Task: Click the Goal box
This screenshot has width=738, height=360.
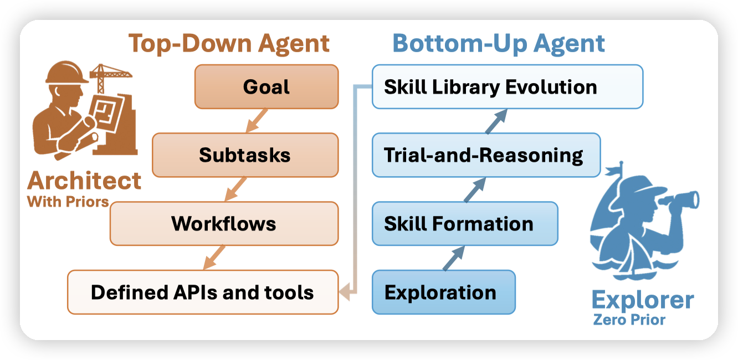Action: coord(266,86)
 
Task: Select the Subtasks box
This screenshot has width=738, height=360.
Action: coord(245,155)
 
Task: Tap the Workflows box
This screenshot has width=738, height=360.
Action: coord(224,224)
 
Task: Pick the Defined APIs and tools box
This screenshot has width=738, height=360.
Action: coord(203,292)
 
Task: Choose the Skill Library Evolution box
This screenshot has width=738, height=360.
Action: coord(508,86)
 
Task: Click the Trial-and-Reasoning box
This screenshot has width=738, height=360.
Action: coord(486,155)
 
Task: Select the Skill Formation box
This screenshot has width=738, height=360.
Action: coord(465,224)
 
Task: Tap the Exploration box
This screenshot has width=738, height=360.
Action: coord(444,292)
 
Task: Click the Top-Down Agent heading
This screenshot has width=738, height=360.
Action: coord(229,43)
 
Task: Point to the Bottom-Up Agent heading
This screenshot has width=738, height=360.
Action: coord(499,43)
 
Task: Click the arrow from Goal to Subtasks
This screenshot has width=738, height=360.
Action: coord(257,121)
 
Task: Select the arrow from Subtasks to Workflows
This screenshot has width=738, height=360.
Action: coord(235,189)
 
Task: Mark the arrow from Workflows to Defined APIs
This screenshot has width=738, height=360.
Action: coord(214,258)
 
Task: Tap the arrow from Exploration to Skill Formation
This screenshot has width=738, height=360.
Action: coord(454,258)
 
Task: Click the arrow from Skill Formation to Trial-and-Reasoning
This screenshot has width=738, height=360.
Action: coord(475,190)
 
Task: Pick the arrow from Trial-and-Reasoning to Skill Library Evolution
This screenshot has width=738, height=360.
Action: coord(496,121)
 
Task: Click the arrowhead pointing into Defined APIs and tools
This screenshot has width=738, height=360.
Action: coord(345,292)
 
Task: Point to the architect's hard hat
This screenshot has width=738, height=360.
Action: coord(67,73)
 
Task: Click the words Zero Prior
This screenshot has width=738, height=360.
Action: coord(629,320)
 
